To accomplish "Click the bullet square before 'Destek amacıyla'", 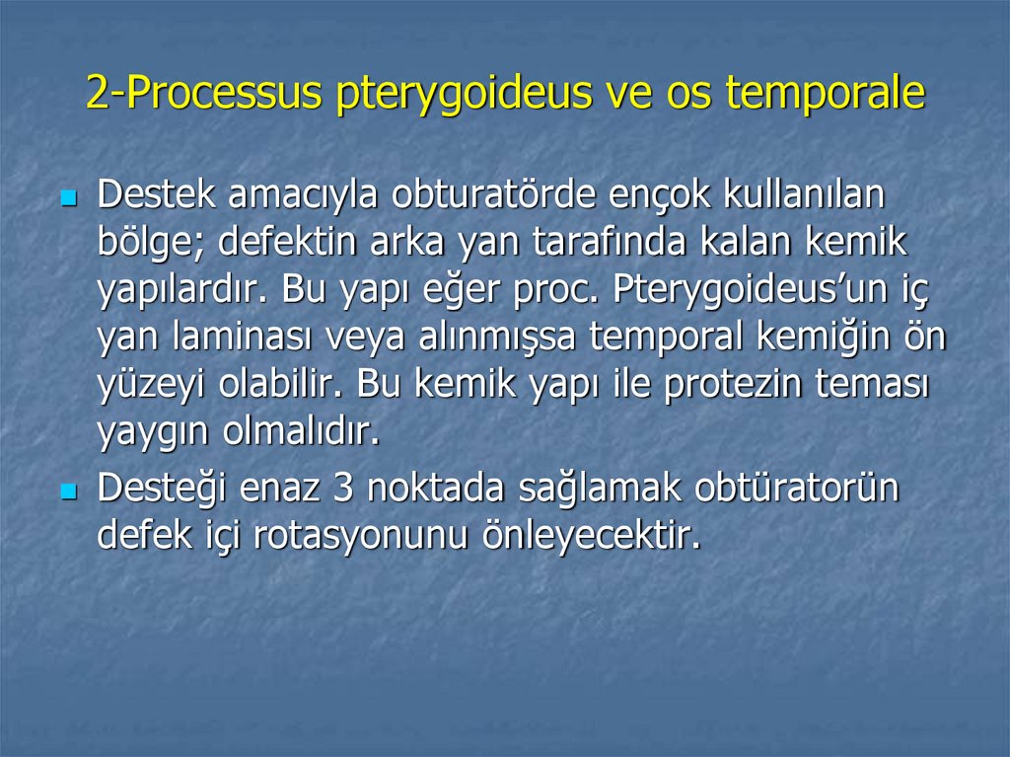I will pos(68,198).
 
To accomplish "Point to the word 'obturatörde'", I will pos(489,195).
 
